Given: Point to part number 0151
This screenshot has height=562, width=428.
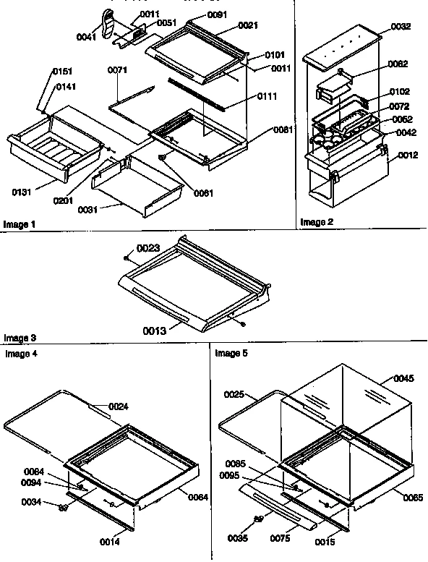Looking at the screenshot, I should (61, 72).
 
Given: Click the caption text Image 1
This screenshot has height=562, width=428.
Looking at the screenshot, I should (20, 224).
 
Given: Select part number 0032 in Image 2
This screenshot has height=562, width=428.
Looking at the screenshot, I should (400, 26).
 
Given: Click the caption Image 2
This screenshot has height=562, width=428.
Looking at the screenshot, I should (316, 222).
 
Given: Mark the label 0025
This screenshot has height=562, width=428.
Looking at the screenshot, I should (235, 396).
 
